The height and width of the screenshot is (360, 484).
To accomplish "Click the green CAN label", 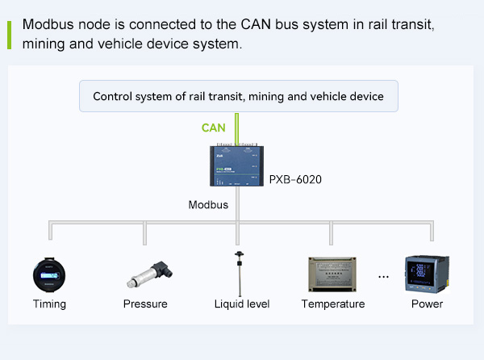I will pos(214,128).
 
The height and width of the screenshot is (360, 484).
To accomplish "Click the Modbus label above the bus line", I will pos(208,204).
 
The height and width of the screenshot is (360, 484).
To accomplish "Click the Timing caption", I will pos(49,304).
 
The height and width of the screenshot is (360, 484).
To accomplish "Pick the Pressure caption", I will pos(145,304).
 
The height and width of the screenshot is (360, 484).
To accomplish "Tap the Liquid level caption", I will pos(241,304).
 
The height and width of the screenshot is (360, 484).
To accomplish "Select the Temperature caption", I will pos(333,304).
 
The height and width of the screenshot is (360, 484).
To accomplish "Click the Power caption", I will pos(427,304).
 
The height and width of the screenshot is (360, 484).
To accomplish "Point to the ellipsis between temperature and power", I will pos(383,277).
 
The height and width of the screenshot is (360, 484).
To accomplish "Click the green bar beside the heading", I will pos(10,35).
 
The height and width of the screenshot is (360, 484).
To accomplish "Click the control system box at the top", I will pos(238,96).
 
